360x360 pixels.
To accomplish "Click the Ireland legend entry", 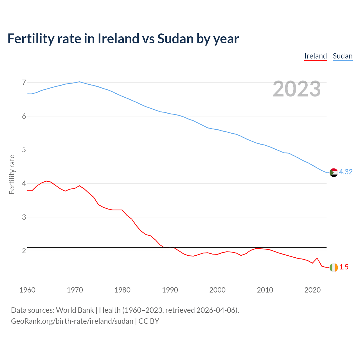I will (x=316, y=56).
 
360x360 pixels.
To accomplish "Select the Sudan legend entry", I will (x=343, y=56).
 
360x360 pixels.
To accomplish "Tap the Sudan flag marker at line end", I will (x=334, y=172).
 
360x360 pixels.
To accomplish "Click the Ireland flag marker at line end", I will (x=334, y=267).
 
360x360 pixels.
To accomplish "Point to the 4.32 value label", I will (x=346, y=172).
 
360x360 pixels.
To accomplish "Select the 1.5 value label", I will (x=344, y=267).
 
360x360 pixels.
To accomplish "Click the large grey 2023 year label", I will (x=297, y=89).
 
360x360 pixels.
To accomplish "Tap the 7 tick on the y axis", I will (x=24, y=83).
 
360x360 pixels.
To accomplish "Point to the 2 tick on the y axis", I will (x=24, y=251).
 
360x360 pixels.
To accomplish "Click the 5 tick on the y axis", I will (x=24, y=150).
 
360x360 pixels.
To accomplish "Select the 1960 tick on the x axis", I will (x=27, y=290).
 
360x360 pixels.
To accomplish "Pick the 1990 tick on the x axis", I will (x=170, y=290).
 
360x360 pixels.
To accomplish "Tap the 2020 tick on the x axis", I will (x=312, y=290).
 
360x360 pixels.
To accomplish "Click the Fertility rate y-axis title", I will (x=12, y=174).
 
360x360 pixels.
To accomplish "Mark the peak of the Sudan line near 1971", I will (x=79, y=82).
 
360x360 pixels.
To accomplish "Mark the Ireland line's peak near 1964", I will (x=46, y=181).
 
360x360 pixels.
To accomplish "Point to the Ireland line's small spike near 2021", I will (x=317, y=258).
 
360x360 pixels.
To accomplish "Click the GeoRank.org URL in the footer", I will (x=72, y=321).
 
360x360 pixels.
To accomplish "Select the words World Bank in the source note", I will (x=75, y=310).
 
